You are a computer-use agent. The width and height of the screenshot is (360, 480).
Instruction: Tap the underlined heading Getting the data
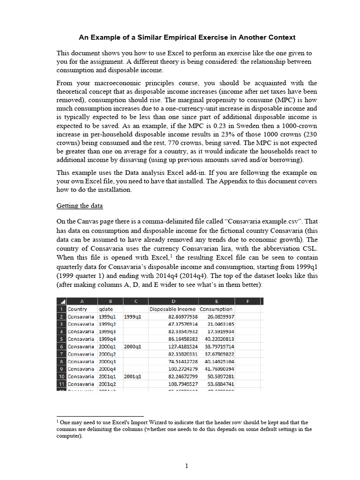pyautogui.click(x=80, y=206)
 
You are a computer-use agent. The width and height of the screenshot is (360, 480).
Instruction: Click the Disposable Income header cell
pyautogui.click(x=172, y=309)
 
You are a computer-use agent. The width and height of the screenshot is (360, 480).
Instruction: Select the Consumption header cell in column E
pyautogui.click(x=216, y=309)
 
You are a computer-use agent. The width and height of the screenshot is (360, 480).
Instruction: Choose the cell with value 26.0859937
pyautogui.click(x=217, y=316)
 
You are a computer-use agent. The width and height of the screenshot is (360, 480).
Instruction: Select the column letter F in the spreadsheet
pyautogui.click(x=247, y=301)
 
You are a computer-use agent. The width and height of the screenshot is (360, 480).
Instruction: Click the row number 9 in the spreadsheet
pyautogui.click(x=61, y=369)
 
